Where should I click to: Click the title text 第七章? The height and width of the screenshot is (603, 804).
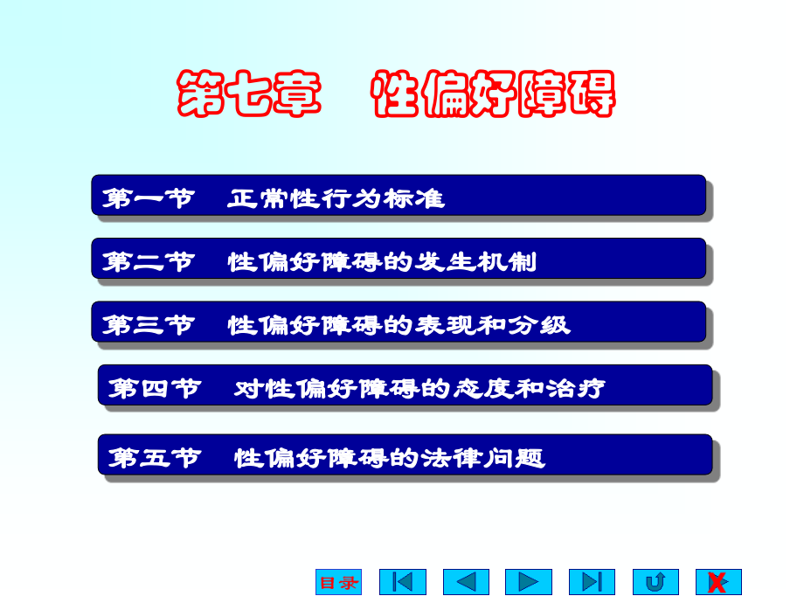point(249,94)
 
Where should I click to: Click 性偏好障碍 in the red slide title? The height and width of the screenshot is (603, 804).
point(494,94)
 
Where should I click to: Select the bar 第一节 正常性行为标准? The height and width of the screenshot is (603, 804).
point(399,195)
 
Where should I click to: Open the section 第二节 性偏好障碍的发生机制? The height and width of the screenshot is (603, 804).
point(399,259)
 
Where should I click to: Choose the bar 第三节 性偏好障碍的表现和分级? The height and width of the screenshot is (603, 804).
point(399,322)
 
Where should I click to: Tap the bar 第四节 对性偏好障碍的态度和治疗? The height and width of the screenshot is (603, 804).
point(405,385)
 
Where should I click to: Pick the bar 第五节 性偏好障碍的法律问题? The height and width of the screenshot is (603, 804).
point(405,455)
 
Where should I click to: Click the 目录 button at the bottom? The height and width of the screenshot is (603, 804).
point(338,582)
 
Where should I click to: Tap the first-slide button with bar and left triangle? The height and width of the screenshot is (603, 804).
point(403,582)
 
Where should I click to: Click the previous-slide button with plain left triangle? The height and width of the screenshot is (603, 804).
point(466,582)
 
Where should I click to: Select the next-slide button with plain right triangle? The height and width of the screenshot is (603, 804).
point(529,582)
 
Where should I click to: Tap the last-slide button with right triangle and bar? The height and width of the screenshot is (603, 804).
point(592,582)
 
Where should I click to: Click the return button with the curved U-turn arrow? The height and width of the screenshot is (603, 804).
point(655,582)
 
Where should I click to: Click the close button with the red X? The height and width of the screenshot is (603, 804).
point(718,582)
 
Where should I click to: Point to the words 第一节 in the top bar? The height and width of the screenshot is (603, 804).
point(148,198)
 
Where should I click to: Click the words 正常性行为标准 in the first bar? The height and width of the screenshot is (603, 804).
point(336,198)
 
